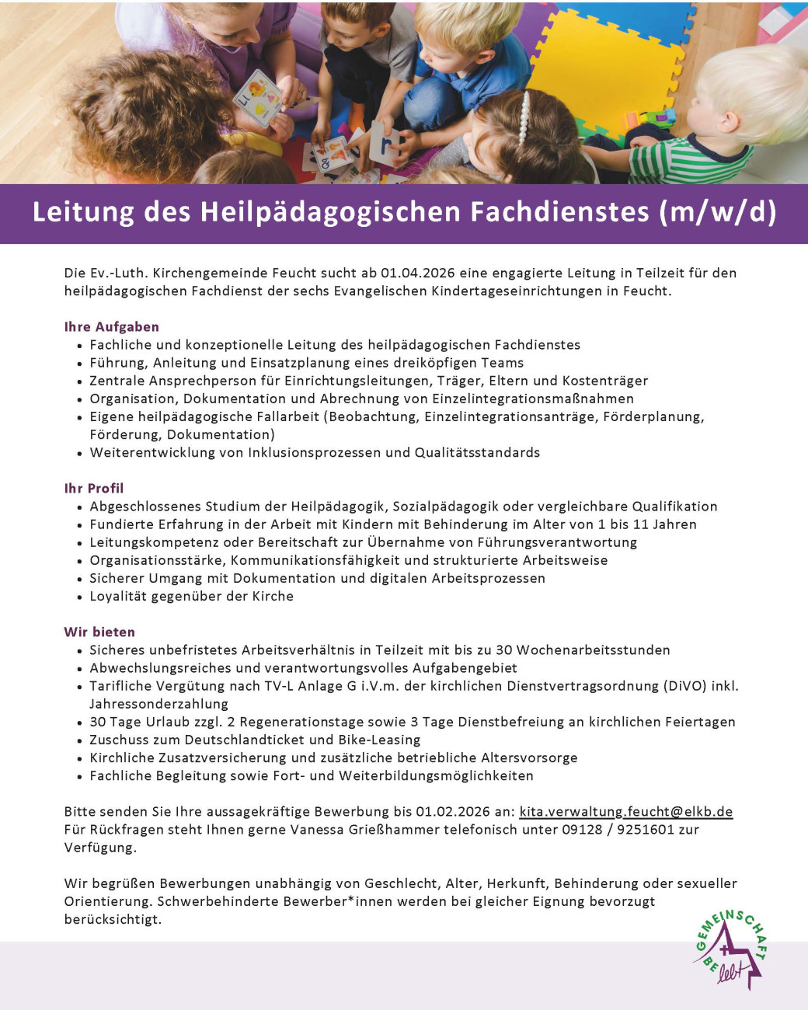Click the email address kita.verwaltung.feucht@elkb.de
(625, 812)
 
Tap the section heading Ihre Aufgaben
(111, 327)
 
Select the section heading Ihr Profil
(94, 489)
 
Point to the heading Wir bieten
(99, 632)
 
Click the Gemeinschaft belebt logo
(729, 950)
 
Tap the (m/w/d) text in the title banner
(717, 212)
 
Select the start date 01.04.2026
(417, 273)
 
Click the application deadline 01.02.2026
(452, 812)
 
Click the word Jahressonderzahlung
(158, 704)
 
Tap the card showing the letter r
(385, 144)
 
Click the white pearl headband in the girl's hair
(524, 120)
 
